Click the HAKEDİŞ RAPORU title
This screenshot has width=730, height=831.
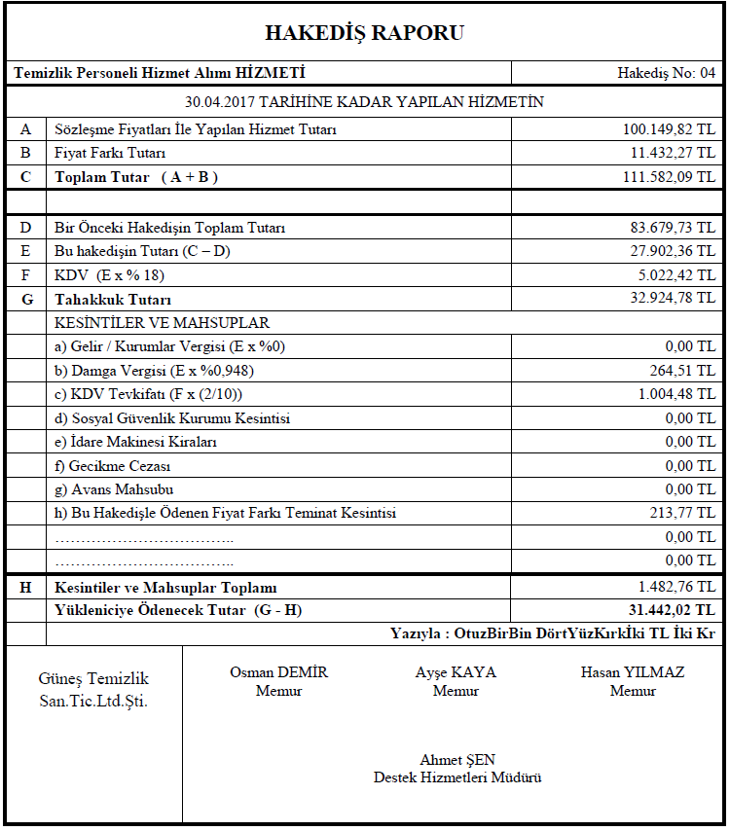[x=364, y=33]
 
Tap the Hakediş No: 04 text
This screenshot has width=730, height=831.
[x=666, y=73]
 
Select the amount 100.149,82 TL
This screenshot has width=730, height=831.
[x=669, y=129]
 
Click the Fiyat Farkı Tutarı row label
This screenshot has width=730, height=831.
[x=110, y=153]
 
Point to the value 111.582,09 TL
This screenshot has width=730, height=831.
[x=669, y=176]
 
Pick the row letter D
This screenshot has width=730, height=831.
[x=25, y=228]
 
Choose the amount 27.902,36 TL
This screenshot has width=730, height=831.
[x=673, y=251]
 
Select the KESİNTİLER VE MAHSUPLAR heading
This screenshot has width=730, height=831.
[x=163, y=323]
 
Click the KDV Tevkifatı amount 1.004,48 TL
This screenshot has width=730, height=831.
[x=676, y=394]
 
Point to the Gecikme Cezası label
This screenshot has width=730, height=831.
[x=113, y=465]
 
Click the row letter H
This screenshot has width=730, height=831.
[x=25, y=588]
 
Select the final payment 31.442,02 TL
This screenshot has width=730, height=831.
[x=672, y=610]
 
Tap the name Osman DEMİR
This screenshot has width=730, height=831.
[x=278, y=672]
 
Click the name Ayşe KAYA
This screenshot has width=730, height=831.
[x=456, y=672]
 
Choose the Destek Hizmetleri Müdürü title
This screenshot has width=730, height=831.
[x=457, y=777]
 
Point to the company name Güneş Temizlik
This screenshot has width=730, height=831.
[x=93, y=679]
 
